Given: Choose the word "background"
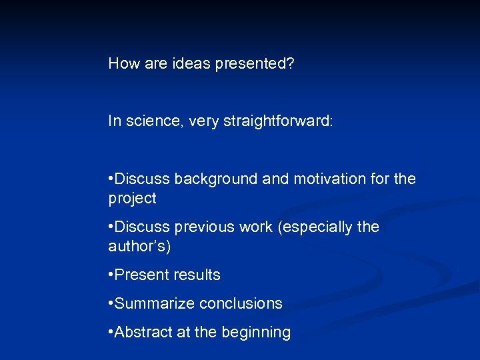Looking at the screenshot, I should click(x=214, y=179).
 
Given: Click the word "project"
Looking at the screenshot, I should click(x=132, y=199).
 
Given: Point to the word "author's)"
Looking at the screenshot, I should click(x=139, y=247).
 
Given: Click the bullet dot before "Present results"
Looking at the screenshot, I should click(x=111, y=275).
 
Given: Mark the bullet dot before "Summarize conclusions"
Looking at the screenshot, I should click(x=111, y=304).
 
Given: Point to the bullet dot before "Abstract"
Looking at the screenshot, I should click(x=111, y=332).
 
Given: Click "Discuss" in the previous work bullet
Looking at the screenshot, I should click(x=143, y=227).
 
